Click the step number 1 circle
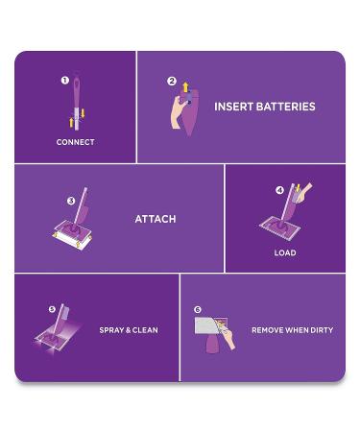pyautogui.click(x=64, y=82)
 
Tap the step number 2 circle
pyautogui.click(x=172, y=82)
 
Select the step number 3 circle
pyautogui.click(x=71, y=201)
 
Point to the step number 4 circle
pyautogui.click(x=279, y=190)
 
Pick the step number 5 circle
pyautogui.click(x=52, y=309)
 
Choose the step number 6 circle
pyautogui.click(x=197, y=310)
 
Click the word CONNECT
pyautogui.click(x=75, y=142)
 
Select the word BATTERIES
pyautogui.click(x=287, y=107)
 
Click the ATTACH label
pyautogui.click(x=155, y=219)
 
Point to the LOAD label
pyautogui.click(x=284, y=253)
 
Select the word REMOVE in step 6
pyautogui.click(x=269, y=330)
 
